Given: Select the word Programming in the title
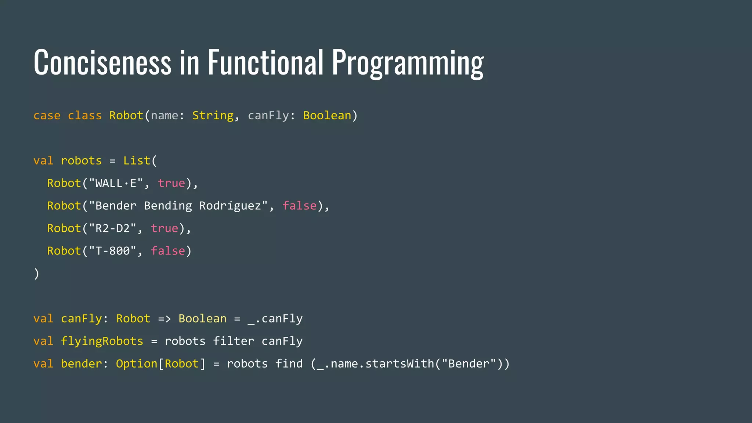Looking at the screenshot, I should tap(408, 63).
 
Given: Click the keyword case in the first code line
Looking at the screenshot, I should tap(47, 116).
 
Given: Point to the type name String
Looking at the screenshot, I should tap(213, 116).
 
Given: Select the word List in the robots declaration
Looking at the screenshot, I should tap(137, 161).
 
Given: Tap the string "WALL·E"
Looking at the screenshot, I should tap(116, 183).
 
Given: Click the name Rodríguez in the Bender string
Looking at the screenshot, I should tap(230, 206).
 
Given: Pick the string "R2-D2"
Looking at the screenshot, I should tap(112, 228).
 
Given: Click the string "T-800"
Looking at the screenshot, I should tap(112, 251).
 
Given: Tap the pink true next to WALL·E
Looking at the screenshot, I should tap(171, 183).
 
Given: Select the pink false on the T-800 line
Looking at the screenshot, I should tap(168, 251).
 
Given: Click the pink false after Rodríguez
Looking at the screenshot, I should tap(299, 206).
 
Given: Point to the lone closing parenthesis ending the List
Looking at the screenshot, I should tap(36, 274).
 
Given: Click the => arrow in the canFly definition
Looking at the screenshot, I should tap(164, 319).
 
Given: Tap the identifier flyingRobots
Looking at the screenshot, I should tap(102, 341).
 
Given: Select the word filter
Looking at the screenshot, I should tap(234, 341).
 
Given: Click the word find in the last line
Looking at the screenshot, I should tap(289, 364).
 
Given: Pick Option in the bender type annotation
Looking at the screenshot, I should tap(137, 364).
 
